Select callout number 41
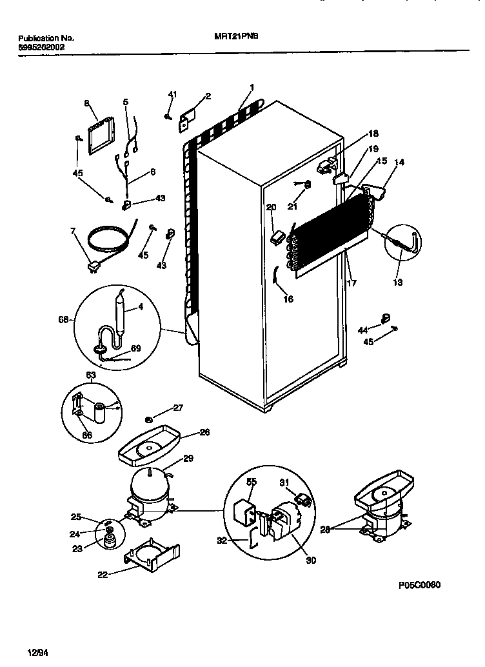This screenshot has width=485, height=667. pyautogui.click(x=172, y=95)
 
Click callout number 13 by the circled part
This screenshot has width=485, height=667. pyautogui.click(x=398, y=281)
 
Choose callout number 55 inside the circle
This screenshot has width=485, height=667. pyautogui.click(x=252, y=482)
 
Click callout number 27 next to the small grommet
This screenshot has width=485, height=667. pyautogui.click(x=178, y=408)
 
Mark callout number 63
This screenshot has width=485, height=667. pyautogui.click(x=91, y=374)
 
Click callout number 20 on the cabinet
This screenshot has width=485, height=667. pyautogui.click(x=271, y=207)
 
